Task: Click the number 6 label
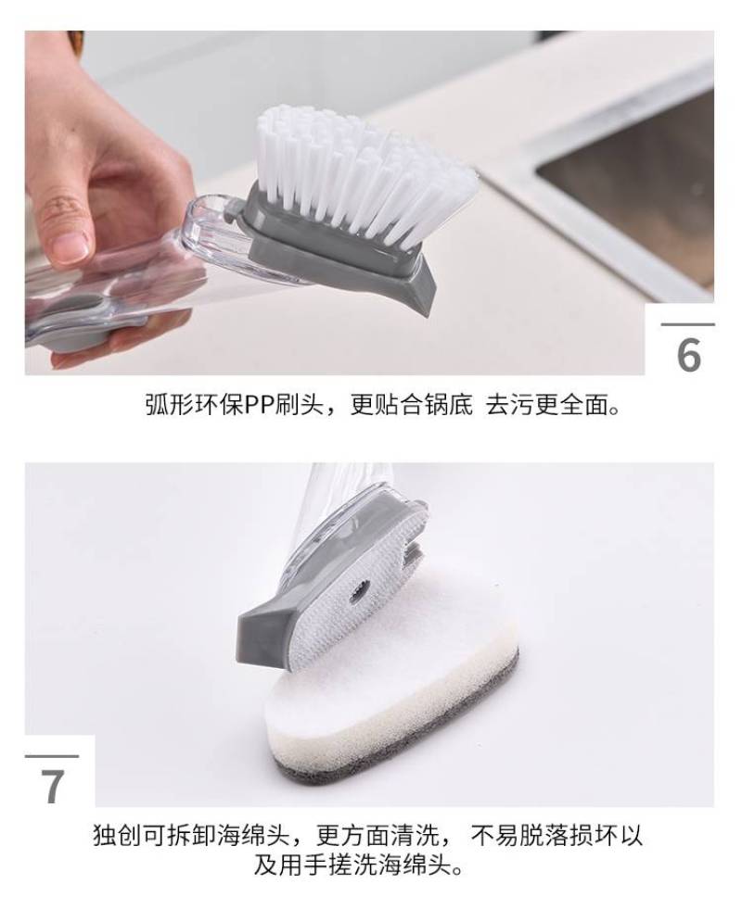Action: (688, 355)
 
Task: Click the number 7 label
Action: (52, 786)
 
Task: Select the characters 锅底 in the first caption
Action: (448, 406)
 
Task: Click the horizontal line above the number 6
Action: (688, 324)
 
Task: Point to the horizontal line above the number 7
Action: (52, 756)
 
